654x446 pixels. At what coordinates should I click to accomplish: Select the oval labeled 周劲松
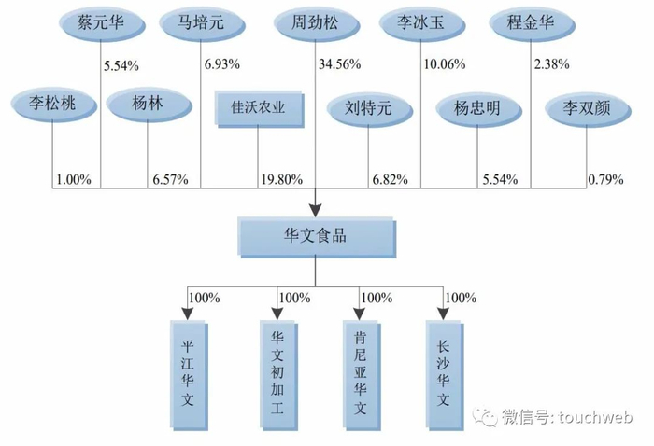[x=313, y=22]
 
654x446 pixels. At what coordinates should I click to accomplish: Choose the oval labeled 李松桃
[x=50, y=106]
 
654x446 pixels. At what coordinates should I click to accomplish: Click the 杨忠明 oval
[x=476, y=107]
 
